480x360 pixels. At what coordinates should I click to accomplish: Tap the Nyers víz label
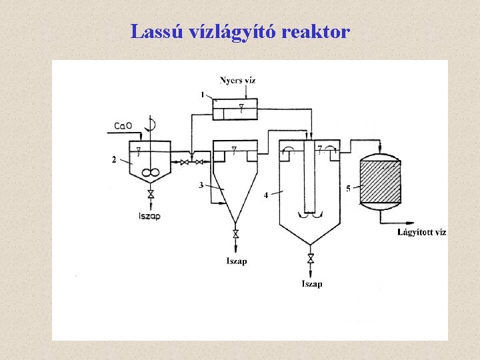pyautogui.click(x=238, y=81)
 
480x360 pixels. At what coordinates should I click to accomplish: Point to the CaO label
pyautogui.click(x=123, y=125)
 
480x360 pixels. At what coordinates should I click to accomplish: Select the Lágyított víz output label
pyautogui.click(x=421, y=232)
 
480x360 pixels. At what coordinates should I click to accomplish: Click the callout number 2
pyautogui.click(x=114, y=159)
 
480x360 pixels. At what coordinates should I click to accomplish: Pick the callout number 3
pyautogui.click(x=201, y=185)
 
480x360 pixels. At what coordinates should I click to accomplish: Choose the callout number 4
pyautogui.click(x=266, y=195)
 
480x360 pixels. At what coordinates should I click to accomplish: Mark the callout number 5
pyautogui.click(x=349, y=189)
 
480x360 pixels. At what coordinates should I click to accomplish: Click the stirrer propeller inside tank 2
pyautogui.click(x=151, y=173)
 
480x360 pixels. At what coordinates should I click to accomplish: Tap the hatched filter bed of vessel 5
pyautogui.click(x=380, y=182)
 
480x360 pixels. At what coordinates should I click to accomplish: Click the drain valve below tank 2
pyautogui.click(x=151, y=194)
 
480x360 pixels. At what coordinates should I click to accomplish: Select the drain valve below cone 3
pyautogui.click(x=235, y=234)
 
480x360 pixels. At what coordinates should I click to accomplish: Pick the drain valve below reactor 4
pyautogui.click(x=311, y=258)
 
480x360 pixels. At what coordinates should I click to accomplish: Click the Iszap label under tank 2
pyautogui.click(x=150, y=216)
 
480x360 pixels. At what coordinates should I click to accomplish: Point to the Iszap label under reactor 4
pyautogui.click(x=312, y=284)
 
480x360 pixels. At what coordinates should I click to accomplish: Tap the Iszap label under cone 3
pyautogui.click(x=236, y=261)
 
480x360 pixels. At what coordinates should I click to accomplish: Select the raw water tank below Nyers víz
pyautogui.click(x=236, y=109)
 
